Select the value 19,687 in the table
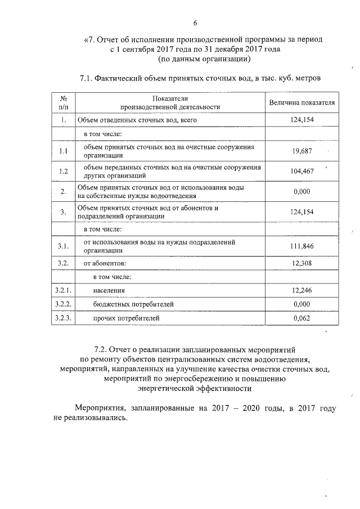(301, 151)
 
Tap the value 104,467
(301, 172)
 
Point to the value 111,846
(301, 246)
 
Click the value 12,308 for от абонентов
(301, 263)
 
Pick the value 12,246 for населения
(301, 290)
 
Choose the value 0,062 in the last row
(301, 318)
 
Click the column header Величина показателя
(301, 103)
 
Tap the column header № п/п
(64, 102)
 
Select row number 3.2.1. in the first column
(64, 290)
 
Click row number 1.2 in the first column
(64, 172)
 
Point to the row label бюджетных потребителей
(133, 304)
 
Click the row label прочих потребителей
(127, 318)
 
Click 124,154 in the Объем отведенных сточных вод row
(301, 120)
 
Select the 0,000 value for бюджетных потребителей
(301, 304)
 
